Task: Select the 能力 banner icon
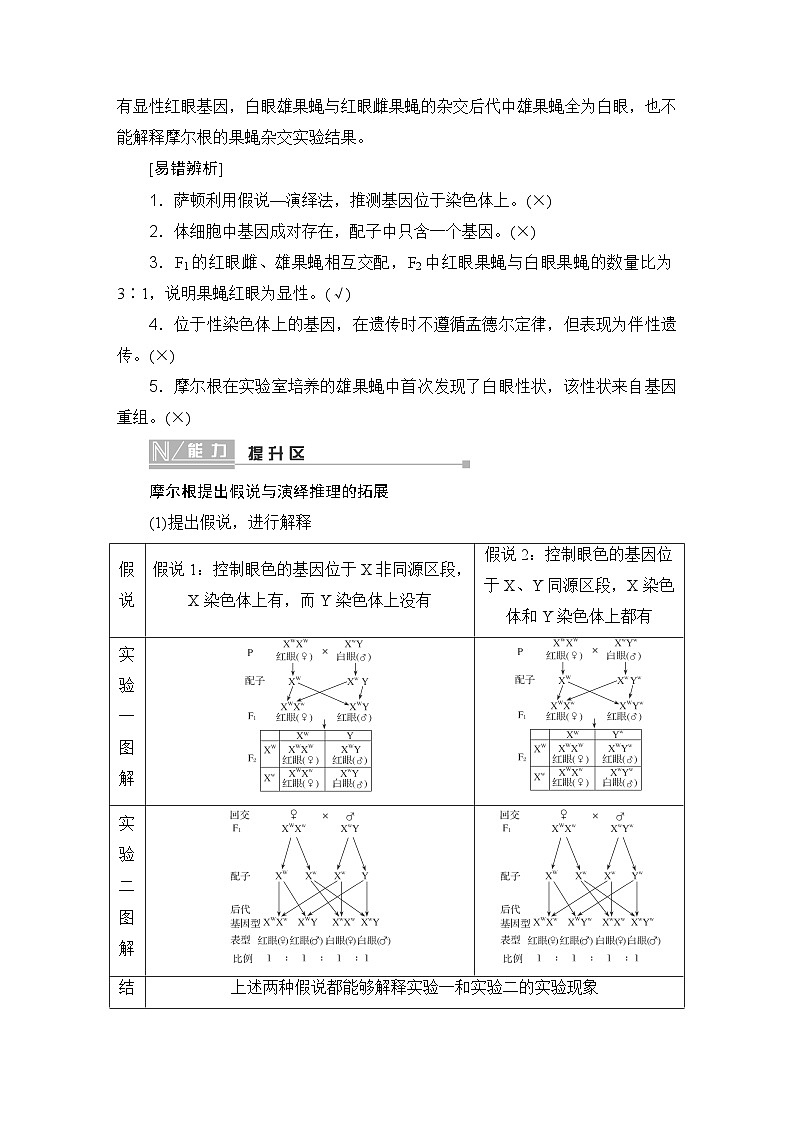(x=190, y=452)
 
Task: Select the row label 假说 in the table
(x=127, y=584)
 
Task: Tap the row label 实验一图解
(x=127, y=718)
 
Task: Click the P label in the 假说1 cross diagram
(x=250, y=652)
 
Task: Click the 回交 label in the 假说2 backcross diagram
(x=509, y=814)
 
